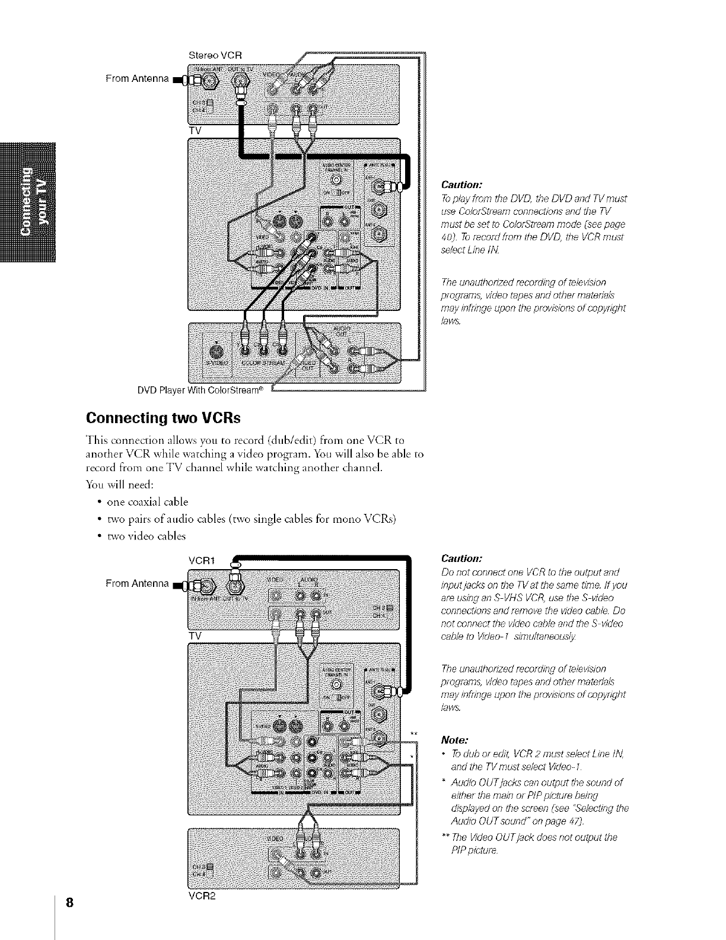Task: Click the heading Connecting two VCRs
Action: [155, 417]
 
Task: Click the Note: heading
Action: [455, 740]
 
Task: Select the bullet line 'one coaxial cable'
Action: [147, 501]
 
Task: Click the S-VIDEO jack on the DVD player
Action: [216, 351]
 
